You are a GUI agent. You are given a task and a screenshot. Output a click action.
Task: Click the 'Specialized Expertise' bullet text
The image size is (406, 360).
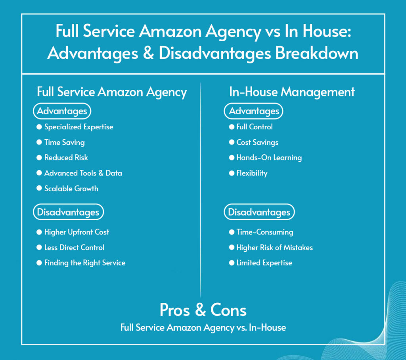coord(79,127)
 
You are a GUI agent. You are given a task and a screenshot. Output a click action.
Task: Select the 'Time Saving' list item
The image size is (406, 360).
coord(64,142)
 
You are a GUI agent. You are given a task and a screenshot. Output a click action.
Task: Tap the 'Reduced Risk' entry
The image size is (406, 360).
coord(66,158)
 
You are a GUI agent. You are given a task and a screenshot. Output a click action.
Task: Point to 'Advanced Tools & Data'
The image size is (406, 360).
coord(83,173)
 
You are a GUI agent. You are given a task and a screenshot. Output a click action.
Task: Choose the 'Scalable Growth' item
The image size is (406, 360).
coord(71,189)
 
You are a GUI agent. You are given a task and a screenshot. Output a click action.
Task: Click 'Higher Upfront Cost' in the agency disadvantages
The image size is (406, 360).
coord(77,232)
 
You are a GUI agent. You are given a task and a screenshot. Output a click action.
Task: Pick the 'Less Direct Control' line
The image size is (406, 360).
coord(74,248)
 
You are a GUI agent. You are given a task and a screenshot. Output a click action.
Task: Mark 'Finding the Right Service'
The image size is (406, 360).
coord(84,263)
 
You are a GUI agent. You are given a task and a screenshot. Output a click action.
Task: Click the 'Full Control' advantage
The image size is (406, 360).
coord(255,127)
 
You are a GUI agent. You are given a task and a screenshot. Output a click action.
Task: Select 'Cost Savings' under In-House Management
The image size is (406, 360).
coord(257,142)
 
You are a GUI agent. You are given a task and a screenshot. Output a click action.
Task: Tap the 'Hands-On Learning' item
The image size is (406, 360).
coord(269,158)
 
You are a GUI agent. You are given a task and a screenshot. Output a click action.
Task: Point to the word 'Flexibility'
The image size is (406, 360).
coord(252,173)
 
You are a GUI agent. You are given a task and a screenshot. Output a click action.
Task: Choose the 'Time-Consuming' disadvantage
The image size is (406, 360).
coord(264,232)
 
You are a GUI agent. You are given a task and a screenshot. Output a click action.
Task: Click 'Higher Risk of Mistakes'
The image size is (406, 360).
coord(274,248)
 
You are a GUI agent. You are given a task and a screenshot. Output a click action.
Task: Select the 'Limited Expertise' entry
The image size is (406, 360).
coord(264,263)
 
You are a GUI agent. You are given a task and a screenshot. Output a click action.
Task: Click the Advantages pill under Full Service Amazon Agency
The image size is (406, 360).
coord(62,112)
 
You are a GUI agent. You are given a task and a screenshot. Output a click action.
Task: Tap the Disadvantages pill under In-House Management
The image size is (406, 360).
coord(259,212)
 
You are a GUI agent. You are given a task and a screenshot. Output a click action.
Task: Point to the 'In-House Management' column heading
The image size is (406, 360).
coord(292,92)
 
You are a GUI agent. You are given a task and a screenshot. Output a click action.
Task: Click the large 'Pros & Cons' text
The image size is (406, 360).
coord(203,310)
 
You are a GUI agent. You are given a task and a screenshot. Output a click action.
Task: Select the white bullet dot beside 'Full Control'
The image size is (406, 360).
coord(232,127)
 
